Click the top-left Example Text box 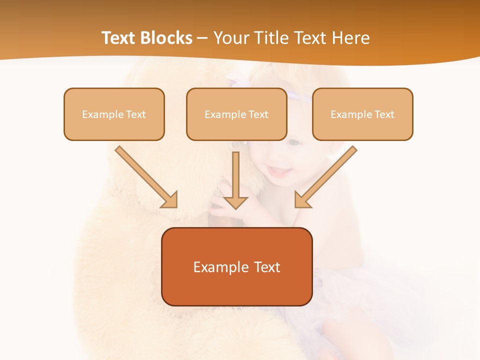pyautogui.click(x=114, y=114)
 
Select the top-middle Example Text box pyautogui.click(x=236, y=114)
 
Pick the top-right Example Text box pyautogui.click(x=362, y=114)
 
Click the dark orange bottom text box pyautogui.click(x=237, y=266)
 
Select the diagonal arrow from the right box pyautogui.click(x=330, y=173)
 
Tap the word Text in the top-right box pyautogui.click(x=383, y=114)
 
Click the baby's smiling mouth pyautogui.click(x=281, y=172)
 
